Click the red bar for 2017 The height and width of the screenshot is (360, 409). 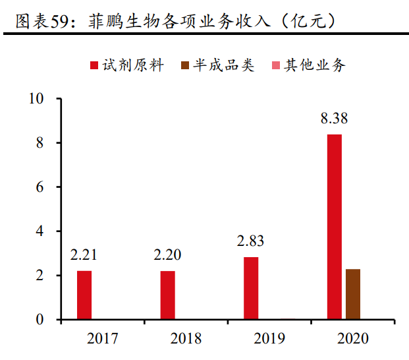point(84,295)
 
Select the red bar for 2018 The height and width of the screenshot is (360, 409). point(167,295)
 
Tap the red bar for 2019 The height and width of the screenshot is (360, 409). point(251,288)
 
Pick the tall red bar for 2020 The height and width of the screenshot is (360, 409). point(335,227)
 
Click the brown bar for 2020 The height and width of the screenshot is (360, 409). point(353,294)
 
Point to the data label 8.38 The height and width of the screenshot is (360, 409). point(334,119)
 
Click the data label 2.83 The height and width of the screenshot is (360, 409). point(251,241)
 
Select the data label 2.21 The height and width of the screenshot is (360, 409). point(84,255)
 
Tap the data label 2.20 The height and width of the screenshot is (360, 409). point(167,255)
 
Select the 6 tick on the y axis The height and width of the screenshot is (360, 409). point(40,187)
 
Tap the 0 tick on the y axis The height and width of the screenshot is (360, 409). point(40,320)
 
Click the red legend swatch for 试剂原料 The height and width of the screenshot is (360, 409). point(94,65)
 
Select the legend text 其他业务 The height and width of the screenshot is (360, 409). point(314,65)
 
